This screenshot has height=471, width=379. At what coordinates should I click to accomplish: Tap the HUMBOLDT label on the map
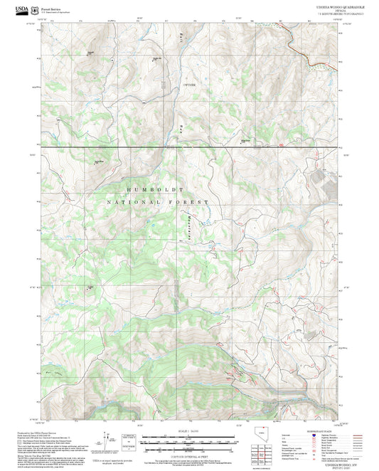tap(155, 190)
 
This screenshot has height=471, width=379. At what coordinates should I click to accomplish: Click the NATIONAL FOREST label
tap(158, 203)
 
